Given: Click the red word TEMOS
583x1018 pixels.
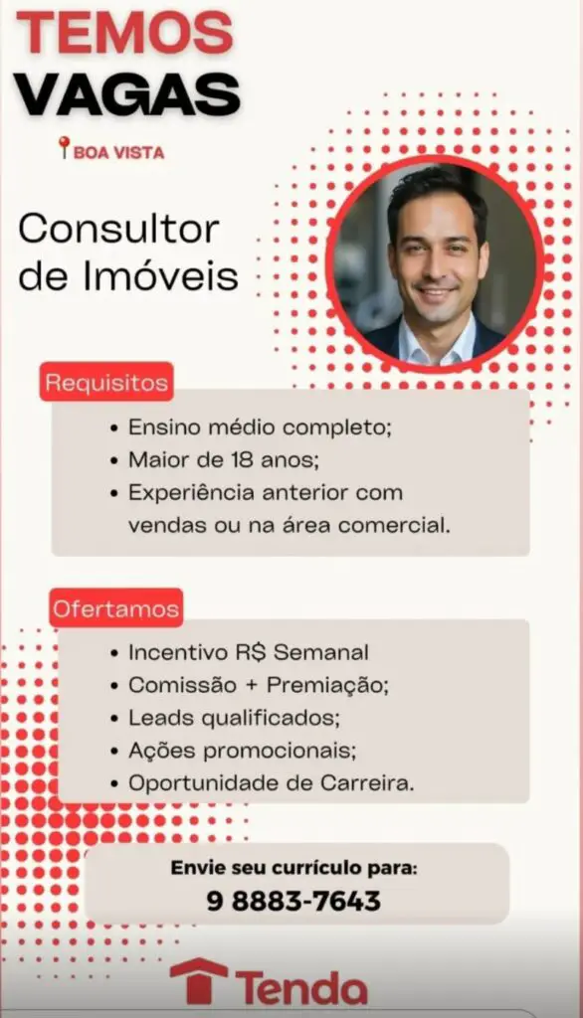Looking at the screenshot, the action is [124, 33].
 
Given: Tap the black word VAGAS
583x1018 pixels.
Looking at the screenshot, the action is [127, 94].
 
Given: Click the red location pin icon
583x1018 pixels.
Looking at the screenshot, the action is [64, 147].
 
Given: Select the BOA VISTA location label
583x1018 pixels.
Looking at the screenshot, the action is [119, 152].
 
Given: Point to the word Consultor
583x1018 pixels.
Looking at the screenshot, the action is [119, 230].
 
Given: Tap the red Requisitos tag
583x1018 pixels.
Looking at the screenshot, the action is [106, 382].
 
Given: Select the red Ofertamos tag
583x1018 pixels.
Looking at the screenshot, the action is [115, 608].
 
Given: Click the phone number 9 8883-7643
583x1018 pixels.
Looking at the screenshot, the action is [293, 901].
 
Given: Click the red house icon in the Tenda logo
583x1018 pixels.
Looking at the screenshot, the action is [199, 980].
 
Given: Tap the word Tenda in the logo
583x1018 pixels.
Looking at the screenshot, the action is [301, 988].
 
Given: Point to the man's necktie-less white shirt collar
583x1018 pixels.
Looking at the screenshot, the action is [436, 343].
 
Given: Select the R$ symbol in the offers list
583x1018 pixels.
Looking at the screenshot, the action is [251, 652].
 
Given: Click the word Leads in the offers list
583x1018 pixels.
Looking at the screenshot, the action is [160, 718].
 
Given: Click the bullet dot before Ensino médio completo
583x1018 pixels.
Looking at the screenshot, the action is [114, 428].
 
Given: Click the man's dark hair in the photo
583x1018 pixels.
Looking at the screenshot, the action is [437, 188].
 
